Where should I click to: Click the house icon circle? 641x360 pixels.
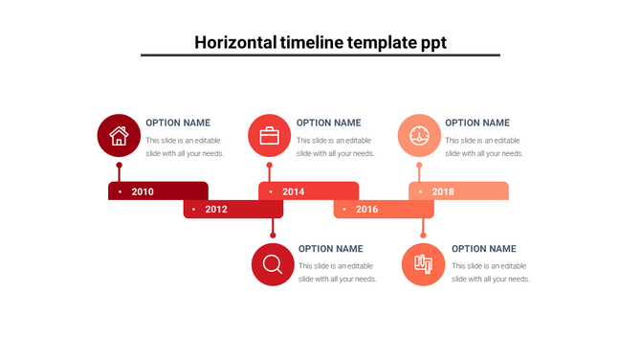(x=119, y=135)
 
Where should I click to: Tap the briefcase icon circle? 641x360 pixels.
(x=270, y=135)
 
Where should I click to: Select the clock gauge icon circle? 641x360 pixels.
(x=419, y=135)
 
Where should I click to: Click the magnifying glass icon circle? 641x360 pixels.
(x=273, y=264)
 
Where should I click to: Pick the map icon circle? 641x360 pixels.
(x=423, y=264)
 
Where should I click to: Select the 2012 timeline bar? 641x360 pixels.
(x=220, y=209)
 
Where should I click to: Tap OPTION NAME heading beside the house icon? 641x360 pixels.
(x=178, y=123)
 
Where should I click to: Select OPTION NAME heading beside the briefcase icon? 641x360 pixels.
(x=328, y=123)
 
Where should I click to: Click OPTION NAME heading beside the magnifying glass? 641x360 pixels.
(x=331, y=249)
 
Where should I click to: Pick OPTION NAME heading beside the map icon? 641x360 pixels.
(x=483, y=249)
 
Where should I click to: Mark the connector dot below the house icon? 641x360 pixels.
(x=119, y=165)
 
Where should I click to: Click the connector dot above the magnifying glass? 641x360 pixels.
(x=273, y=235)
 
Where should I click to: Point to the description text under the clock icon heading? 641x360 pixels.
(x=484, y=146)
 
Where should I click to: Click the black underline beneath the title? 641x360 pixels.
(x=320, y=56)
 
